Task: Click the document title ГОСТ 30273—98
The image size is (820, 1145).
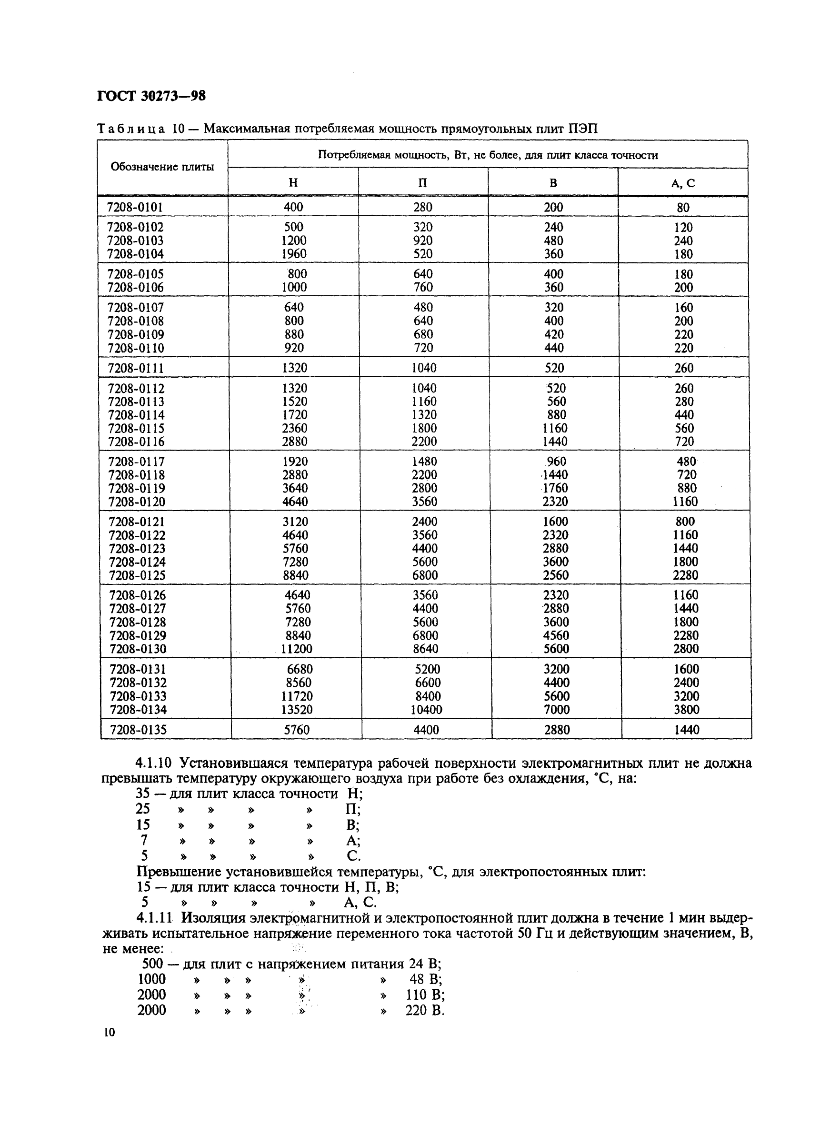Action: pos(151,96)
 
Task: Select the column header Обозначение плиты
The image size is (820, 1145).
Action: pos(162,167)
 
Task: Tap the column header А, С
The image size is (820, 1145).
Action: pos(683,183)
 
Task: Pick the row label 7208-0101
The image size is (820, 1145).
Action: pos(135,207)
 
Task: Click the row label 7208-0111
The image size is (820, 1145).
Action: pos(136,368)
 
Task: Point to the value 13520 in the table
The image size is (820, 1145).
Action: pos(297,709)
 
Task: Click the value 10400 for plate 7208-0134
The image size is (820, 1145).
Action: pos(426,709)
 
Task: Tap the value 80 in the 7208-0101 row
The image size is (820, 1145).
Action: pos(683,208)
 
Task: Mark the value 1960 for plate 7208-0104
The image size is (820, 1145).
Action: pos(294,254)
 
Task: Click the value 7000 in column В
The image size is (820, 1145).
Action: pos(556,709)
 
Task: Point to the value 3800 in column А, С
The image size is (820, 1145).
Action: pos(686,709)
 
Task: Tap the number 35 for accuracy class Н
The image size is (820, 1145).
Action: pos(143,793)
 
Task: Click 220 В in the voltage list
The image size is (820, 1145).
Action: pos(424,1010)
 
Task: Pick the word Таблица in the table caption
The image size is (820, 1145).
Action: pos(130,129)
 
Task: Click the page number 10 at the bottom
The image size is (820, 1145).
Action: pos(110,1032)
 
